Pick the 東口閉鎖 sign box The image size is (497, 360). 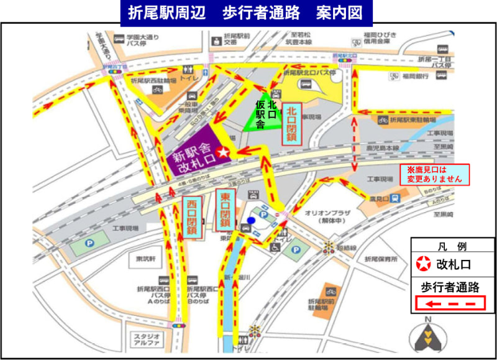(225, 208)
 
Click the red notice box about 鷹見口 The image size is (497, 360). (435, 173)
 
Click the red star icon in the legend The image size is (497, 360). (423, 264)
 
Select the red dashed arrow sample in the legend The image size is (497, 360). (450, 303)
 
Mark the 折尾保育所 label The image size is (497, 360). (381, 259)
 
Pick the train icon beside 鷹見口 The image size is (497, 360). (394, 198)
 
